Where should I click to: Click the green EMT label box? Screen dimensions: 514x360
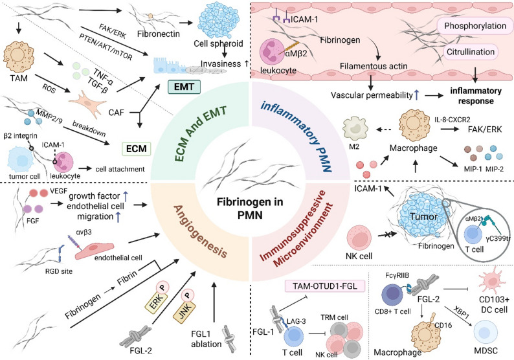click(184, 87)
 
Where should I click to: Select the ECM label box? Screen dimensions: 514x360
click(137, 148)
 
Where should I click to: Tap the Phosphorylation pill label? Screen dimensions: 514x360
click(475, 26)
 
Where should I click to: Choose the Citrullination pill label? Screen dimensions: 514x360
click(471, 52)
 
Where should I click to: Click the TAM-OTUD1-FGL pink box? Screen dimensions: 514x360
click(326, 286)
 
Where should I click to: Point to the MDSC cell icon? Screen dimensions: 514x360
click(486, 332)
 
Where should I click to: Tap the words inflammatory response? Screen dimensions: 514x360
click(476, 96)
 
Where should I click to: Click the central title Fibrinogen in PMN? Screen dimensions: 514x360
click(249, 208)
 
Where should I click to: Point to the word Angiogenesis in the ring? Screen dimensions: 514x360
click(199, 231)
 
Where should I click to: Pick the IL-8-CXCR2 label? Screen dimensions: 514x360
click(452, 120)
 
